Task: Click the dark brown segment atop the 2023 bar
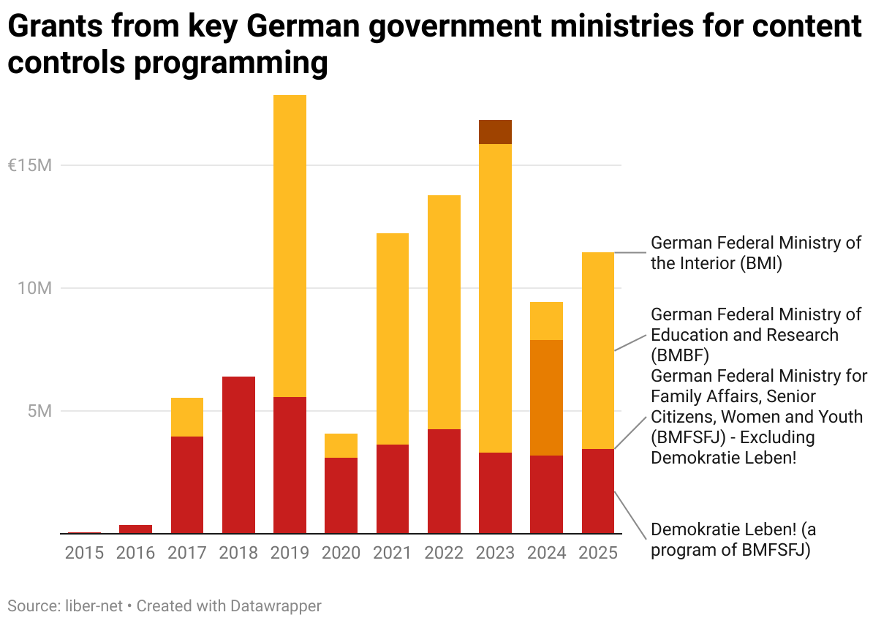[495, 132]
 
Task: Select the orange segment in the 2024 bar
[546, 398]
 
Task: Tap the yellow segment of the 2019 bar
[290, 246]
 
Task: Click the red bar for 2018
[238, 455]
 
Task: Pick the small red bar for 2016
[135, 529]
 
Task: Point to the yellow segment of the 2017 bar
[187, 417]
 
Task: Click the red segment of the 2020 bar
[341, 495]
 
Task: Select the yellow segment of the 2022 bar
[444, 312]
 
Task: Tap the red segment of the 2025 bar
[597, 491]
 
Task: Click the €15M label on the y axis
[29, 165]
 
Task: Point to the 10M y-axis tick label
[34, 288]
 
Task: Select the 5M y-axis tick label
[39, 411]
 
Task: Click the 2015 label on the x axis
[84, 553]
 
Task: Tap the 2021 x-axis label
[393, 553]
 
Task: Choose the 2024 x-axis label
[546, 553]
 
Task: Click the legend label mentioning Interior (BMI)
[755, 253]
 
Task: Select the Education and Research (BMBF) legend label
[755, 335]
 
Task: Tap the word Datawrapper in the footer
[276, 606]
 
